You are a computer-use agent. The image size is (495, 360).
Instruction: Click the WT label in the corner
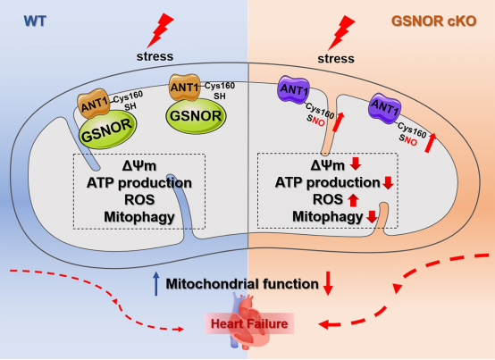(35, 21)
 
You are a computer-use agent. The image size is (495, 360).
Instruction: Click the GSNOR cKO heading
(433, 21)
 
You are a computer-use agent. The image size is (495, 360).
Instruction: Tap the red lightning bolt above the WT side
(160, 30)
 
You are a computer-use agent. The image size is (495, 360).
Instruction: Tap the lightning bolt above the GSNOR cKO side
(341, 33)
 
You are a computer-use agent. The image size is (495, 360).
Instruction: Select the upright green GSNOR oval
(196, 116)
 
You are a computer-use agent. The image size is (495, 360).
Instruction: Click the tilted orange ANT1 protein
(94, 103)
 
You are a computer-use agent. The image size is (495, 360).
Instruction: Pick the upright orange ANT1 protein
(185, 87)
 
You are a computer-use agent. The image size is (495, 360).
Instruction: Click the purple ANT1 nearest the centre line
(293, 89)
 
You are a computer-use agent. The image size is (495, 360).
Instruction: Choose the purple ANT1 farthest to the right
(385, 108)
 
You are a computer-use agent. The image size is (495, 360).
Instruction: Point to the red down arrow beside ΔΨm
(356, 163)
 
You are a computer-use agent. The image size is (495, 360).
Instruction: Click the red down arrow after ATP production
(388, 182)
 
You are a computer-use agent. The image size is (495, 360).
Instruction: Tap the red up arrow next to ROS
(353, 200)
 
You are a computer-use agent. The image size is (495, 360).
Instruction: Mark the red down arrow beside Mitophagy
(372, 216)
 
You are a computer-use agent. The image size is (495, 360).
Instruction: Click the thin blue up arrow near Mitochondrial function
(156, 284)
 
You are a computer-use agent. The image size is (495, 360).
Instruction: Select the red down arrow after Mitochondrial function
(328, 283)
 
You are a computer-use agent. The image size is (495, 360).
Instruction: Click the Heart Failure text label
(249, 323)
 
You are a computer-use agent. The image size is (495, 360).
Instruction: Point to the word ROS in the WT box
(139, 200)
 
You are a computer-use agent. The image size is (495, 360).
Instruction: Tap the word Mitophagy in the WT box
(139, 217)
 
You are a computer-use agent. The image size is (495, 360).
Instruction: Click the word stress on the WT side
(155, 56)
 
